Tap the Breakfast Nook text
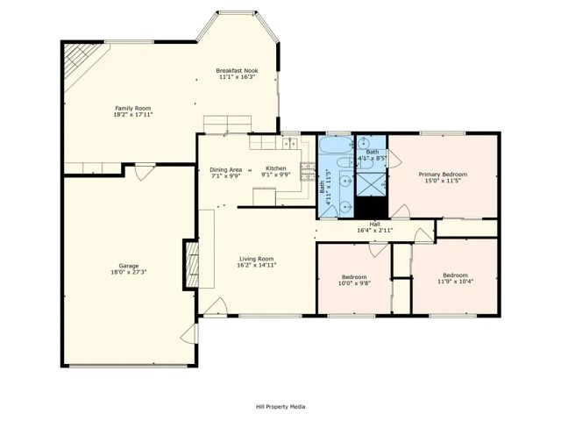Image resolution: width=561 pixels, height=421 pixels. pyautogui.click(x=237, y=70)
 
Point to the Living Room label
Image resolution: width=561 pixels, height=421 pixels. pyautogui.click(x=258, y=259)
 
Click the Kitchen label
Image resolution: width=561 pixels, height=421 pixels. pyautogui.click(x=276, y=168)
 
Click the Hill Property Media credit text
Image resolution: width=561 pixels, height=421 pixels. pyautogui.click(x=280, y=406)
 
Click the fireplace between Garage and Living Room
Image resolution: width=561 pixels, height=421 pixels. pyautogui.click(x=190, y=263)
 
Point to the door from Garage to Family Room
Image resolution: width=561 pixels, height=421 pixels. pyautogui.click(x=139, y=173)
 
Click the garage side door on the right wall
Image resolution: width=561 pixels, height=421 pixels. pyautogui.click(x=189, y=334)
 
